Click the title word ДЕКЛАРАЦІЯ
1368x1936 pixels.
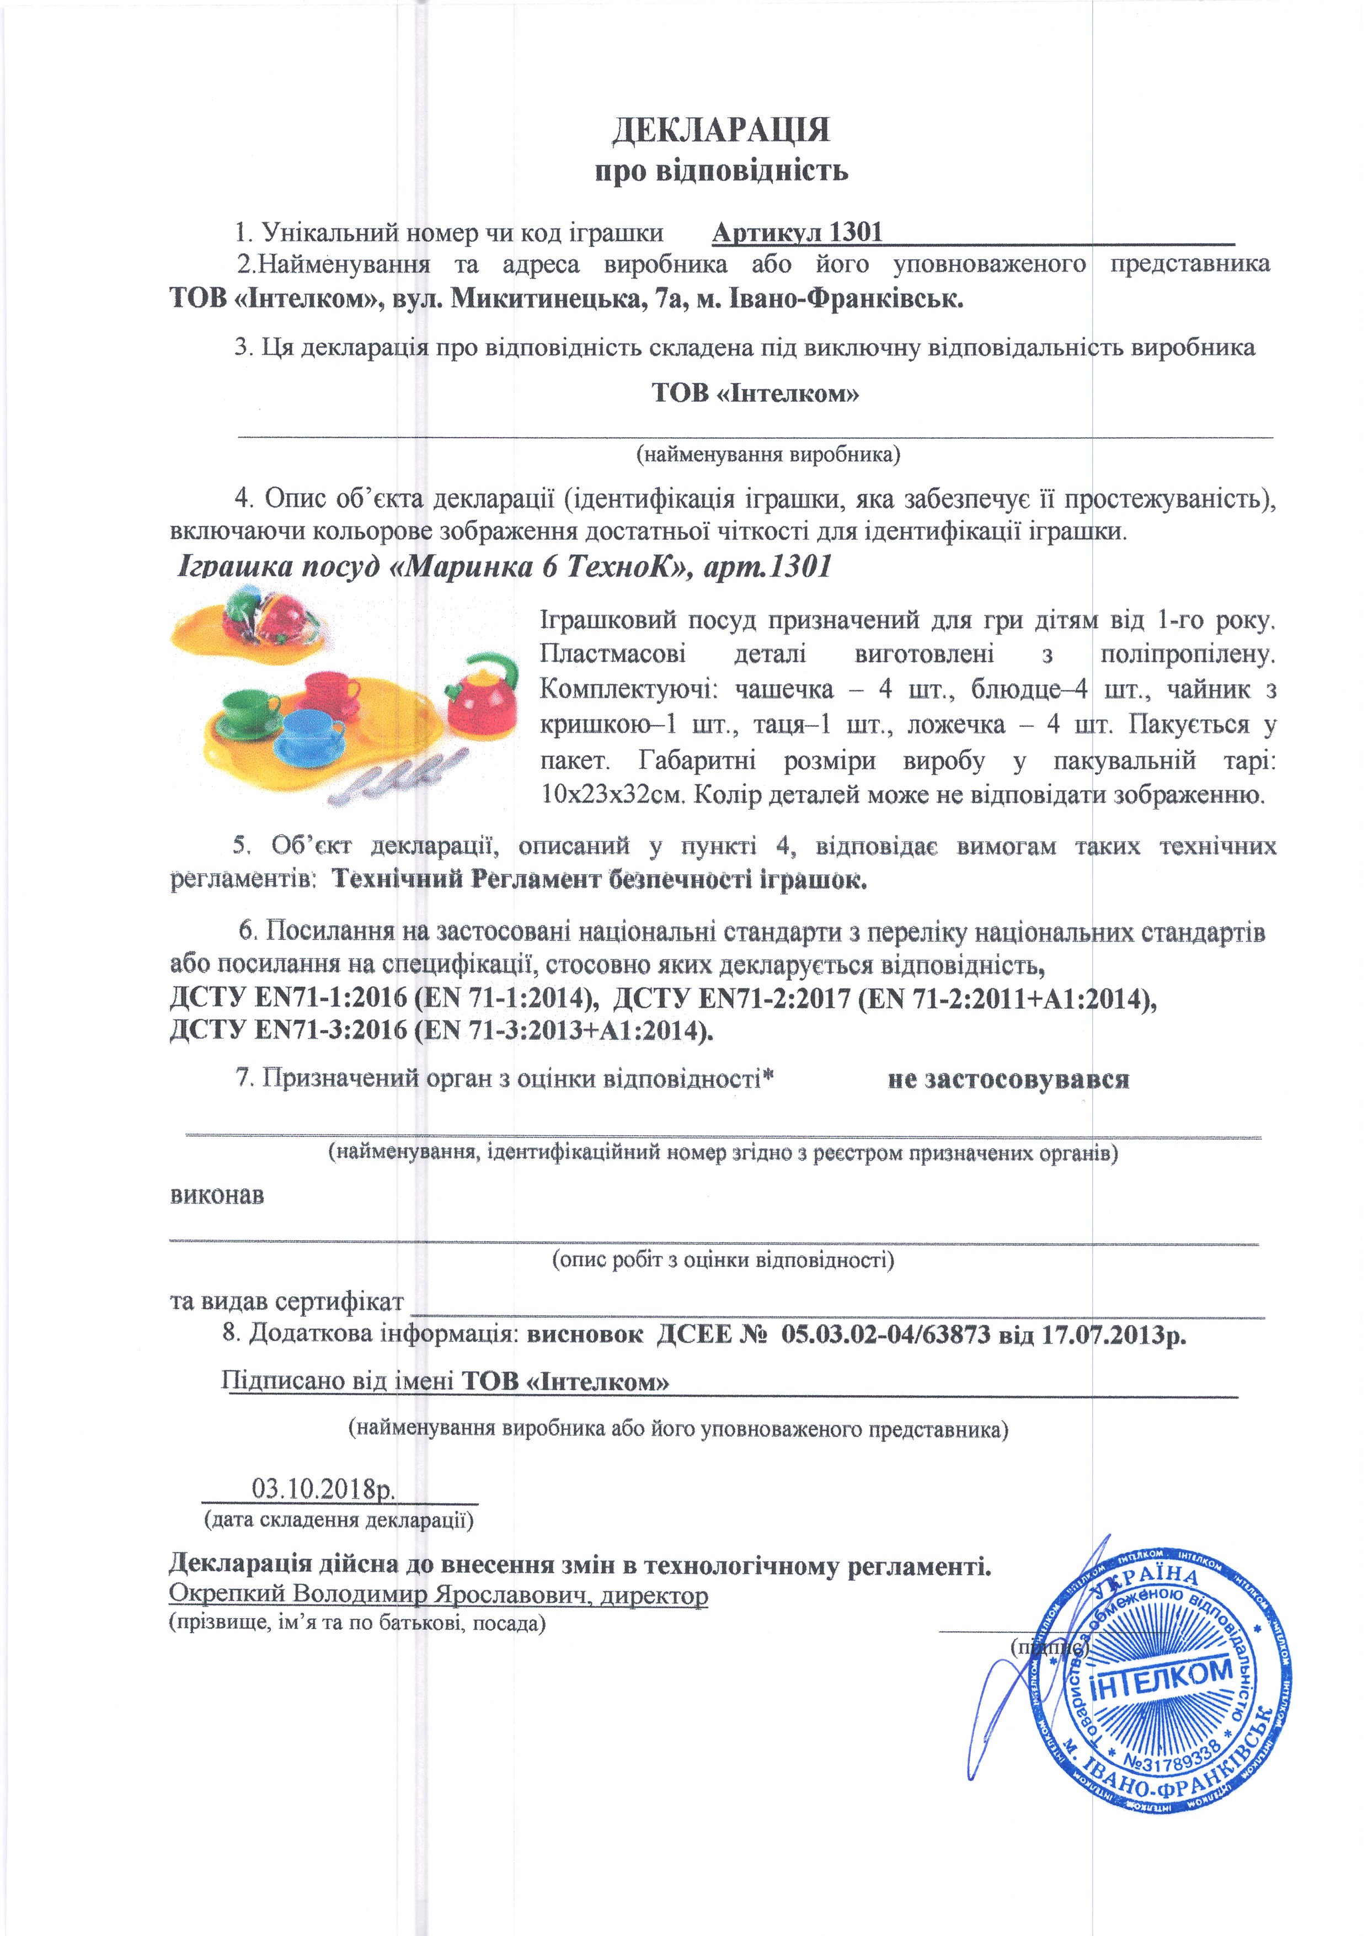pyautogui.click(x=720, y=131)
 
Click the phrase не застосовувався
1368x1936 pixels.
pyautogui.click(x=1008, y=1079)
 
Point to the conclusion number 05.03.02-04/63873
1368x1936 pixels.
pyautogui.click(x=885, y=1335)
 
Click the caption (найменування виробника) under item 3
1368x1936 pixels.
pyautogui.click(x=767, y=455)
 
